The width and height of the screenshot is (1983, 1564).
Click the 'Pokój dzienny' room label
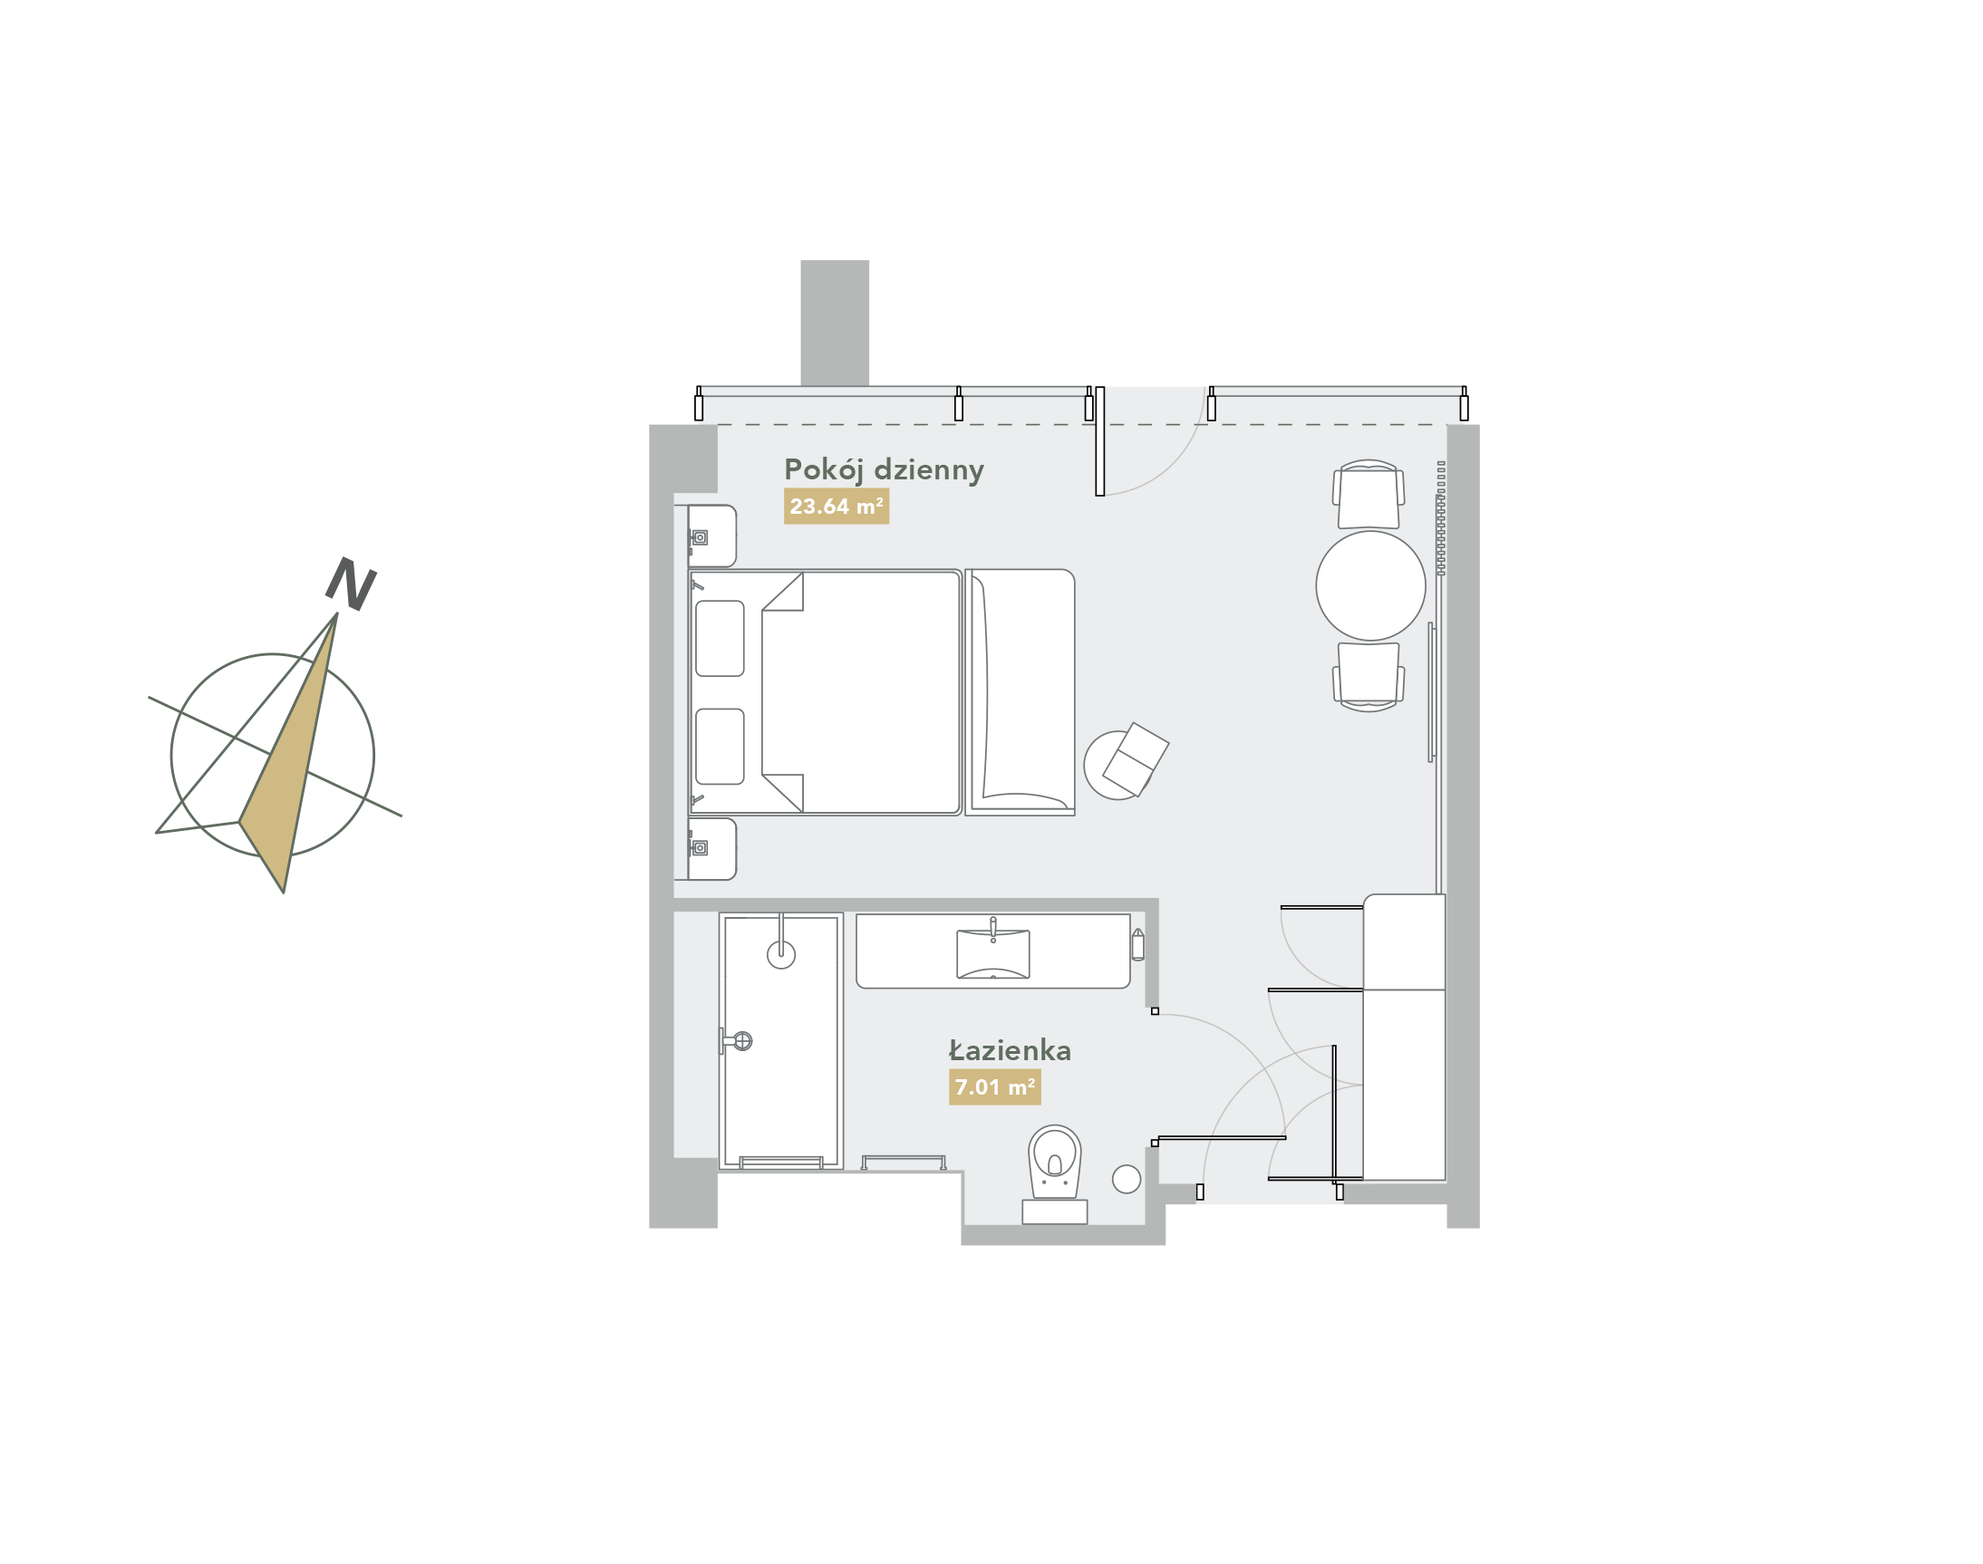[883, 469]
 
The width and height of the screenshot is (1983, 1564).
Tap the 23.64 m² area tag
[836, 507]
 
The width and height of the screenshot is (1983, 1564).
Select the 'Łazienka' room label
[1009, 1051]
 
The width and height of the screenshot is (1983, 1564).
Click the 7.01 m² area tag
[994, 1088]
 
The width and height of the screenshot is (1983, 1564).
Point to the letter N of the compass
[351, 584]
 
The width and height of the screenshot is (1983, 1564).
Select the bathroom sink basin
[992, 954]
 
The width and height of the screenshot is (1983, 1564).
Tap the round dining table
[1369, 586]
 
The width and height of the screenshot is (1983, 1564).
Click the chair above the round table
[1368, 497]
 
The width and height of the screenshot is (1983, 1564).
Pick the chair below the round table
[1368, 675]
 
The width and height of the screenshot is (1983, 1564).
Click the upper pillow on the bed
[719, 638]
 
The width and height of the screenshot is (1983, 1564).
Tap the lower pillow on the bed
[719, 747]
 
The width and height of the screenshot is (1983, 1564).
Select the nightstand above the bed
[711, 536]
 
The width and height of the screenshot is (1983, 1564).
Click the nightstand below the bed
[711, 849]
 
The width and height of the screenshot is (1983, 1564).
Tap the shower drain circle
[780, 955]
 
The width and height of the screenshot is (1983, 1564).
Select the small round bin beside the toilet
[1126, 1180]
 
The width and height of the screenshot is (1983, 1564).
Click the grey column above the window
[835, 323]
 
